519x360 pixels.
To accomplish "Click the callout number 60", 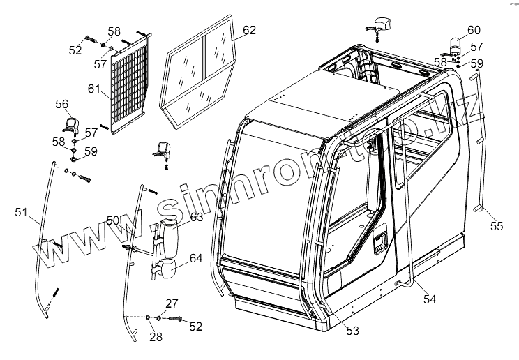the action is [x=474, y=30].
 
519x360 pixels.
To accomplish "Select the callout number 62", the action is [x=249, y=30].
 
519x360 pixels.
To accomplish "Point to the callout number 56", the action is [x=62, y=104].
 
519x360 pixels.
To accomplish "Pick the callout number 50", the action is [x=112, y=220].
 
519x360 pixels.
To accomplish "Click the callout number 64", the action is [x=196, y=258].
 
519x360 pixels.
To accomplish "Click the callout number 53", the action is [x=352, y=331].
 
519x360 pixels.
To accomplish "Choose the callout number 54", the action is [x=430, y=299].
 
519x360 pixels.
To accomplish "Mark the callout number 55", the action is [x=496, y=225].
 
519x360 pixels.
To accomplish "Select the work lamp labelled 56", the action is [x=70, y=126].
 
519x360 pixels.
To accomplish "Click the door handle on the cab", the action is [x=381, y=242].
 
